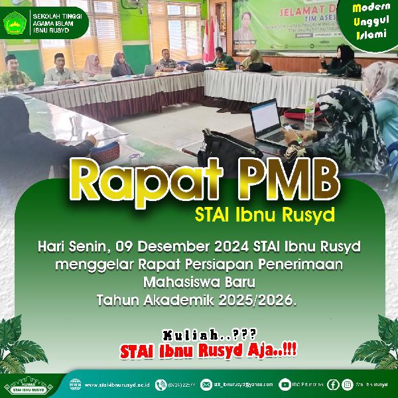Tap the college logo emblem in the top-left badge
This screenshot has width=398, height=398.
pos(15,25)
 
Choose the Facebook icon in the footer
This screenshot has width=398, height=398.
pos(332,385)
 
